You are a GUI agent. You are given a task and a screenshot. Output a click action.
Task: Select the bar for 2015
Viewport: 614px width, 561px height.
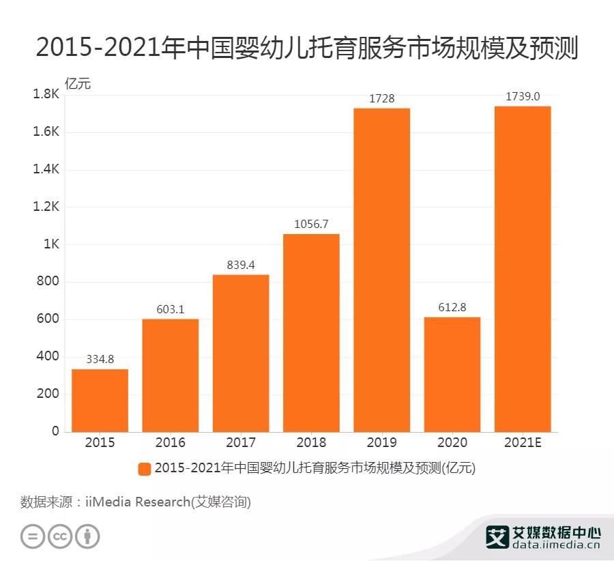click(x=100, y=400)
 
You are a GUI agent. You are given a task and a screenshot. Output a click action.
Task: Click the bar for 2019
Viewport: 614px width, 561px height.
click(x=381, y=270)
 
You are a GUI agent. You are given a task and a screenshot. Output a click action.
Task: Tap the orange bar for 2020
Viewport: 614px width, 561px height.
click(x=452, y=374)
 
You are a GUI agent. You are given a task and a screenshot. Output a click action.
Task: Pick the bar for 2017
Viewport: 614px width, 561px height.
click(x=240, y=353)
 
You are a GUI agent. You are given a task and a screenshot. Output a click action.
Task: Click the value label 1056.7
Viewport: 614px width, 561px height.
click(x=311, y=224)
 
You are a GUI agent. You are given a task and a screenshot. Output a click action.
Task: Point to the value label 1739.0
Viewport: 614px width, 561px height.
click(x=523, y=96)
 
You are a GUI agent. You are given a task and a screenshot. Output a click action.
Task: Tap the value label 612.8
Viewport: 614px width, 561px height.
click(x=452, y=307)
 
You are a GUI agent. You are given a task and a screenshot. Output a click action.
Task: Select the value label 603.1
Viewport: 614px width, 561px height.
click(x=170, y=309)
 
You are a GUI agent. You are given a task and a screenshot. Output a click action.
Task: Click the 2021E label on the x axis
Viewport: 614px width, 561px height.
click(x=523, y=442)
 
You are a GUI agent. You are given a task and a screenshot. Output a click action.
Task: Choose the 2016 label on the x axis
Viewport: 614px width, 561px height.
click(x=170, y=442)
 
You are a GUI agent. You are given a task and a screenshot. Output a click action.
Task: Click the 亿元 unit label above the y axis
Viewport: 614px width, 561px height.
click(x=77, y=84)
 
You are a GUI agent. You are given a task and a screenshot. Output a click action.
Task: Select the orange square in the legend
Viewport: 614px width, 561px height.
click(x=144, y=468)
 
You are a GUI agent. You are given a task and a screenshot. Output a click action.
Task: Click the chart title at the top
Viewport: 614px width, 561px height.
click(x=307, y=48)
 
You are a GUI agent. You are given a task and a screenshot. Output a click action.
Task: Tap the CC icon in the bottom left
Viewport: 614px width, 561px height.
click(x=59, y=536)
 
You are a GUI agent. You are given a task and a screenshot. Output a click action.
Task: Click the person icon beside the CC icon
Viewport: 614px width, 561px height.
click(x=87, y=536)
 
